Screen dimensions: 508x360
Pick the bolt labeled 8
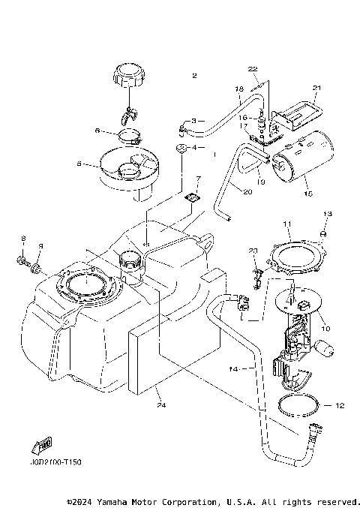(22, 261)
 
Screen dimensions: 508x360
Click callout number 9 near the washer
(41, 245)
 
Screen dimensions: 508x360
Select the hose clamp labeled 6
(130, 138)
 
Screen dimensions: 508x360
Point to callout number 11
(286, 224)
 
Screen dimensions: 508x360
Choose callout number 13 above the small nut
(326, 215)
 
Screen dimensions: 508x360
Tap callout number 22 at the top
(253, 69)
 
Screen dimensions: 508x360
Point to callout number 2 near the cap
(194, 76)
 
